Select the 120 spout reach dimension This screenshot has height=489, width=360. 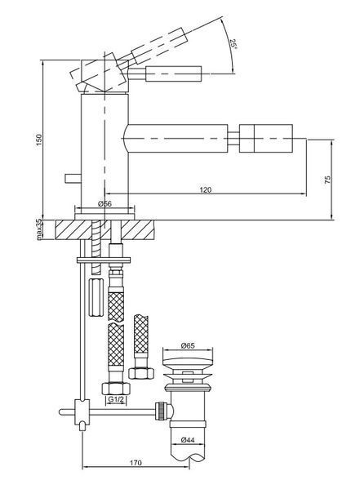coord(205,189)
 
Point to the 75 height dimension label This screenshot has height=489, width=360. coord(327,180)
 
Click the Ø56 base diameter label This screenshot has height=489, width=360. coord(104,204)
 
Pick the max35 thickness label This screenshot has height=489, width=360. coord(38,229)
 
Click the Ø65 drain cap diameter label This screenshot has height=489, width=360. coord(188,345)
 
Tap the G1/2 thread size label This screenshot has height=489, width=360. coord(115,399)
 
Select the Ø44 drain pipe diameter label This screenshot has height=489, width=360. coord(188,440)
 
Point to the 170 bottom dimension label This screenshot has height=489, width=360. coord(136,463)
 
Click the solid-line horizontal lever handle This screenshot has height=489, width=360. coord(174,74)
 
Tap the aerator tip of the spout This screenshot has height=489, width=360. coord(266,139)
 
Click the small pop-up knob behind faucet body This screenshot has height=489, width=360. coord(73,179)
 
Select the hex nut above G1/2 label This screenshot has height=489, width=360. coord(116,388)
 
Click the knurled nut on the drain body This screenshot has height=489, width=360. coord(160,411)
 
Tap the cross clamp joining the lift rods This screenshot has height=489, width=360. coord(82,412)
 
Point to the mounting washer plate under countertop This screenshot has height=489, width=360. coord(104,260)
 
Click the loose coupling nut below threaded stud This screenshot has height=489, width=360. coord(96,297)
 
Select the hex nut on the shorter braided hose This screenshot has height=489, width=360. coord(141,373)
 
